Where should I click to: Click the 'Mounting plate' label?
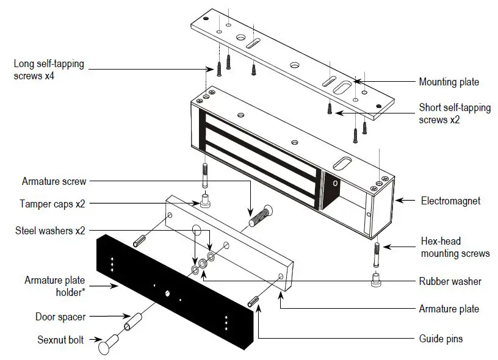[x=449, y=82]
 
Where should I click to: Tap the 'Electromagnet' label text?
[x=450, y=200]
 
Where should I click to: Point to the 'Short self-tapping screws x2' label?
[x=454, y=113]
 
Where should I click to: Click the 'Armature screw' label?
[x=54, y=181]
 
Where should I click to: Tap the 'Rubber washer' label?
[x=450, y=281]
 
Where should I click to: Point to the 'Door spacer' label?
[x=60, y=317]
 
